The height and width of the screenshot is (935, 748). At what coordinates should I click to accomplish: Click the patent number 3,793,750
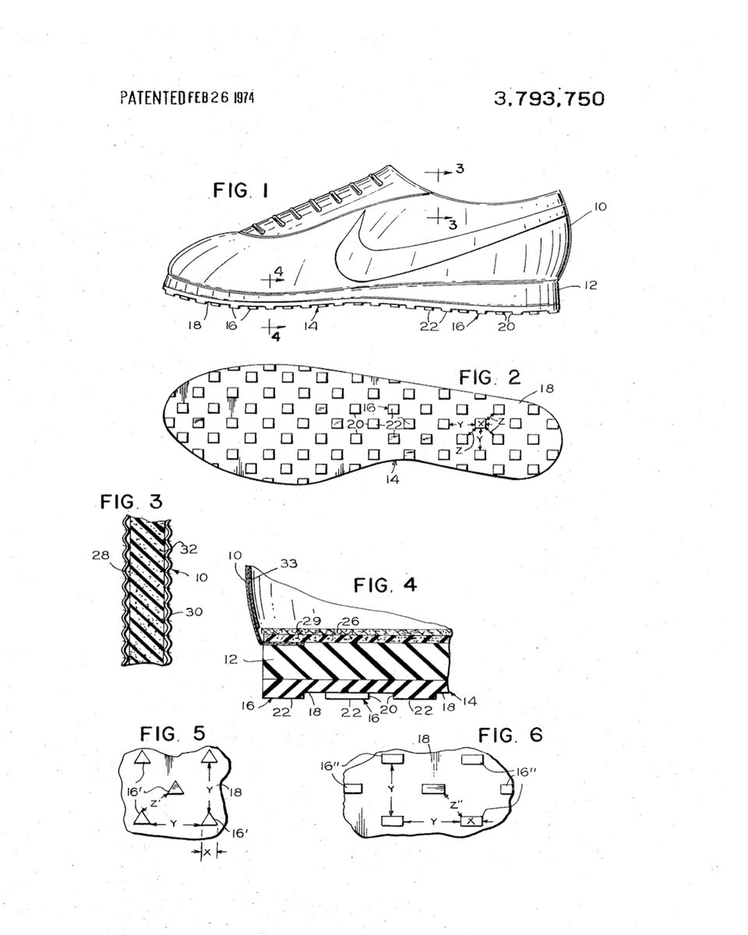pyautogui.click(x=549, y=99)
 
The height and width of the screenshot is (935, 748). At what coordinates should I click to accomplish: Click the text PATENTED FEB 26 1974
pyautogui.click(x=187, y=98)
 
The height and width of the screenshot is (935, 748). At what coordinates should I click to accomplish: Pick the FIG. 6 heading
pyautogui.click(x=511, y=735)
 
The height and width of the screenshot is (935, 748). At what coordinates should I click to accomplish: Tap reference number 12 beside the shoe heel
pyautogui.click(x=590, y=286)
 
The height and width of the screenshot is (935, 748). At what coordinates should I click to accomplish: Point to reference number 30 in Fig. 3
pyautogui.click(x=194, y=612)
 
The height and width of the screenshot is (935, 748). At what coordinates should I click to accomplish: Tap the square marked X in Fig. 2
pyautogui.click(x=480, y=424)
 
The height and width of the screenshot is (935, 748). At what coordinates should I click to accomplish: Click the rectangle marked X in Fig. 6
pyautogui.click(x=470, y=820)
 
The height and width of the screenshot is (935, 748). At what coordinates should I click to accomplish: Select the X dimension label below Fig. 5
pyautogui.click(x=206, y=852)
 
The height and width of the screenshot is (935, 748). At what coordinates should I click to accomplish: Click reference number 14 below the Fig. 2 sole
pyautogui.click(x=392, y=480)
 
